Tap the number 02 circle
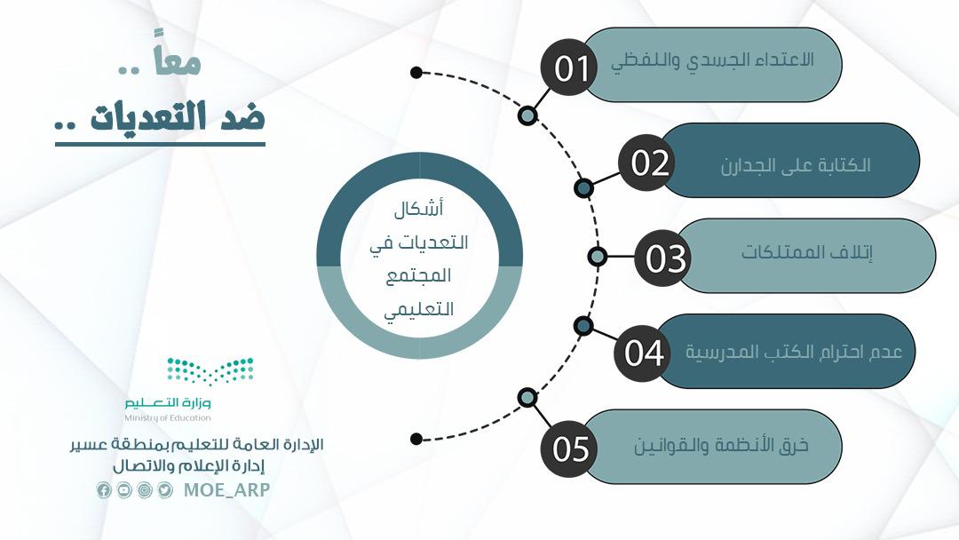click(x=646, y=163)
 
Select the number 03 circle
click(x=663, y=258)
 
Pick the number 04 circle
click(x=643, y=353)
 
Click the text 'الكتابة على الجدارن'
click(x=795, y=165)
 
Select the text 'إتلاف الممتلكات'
click(x=806, y=252)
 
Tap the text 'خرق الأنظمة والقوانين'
click(x=721, y=445)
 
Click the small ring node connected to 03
click(x=597, y=257)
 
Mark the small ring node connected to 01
click(x=527, y=115)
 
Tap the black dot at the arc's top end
click(x=416, y=73)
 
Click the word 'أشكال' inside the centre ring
click(x=418, y=209)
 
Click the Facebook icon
click(x=104, y=490)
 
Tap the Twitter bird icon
click(x=165, y=490)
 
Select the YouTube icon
click(x=124, y=490)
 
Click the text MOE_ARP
click(x=226, y=490)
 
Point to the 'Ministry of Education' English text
click(x=168, y=417)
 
